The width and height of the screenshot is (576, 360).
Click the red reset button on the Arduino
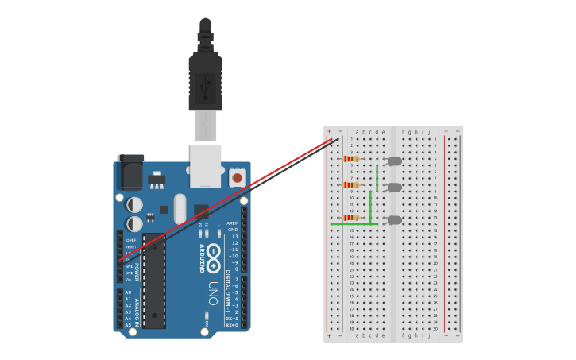click(x=237, y=179)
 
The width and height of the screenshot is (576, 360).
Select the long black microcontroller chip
click(x=154, y=281)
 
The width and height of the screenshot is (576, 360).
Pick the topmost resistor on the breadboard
click(x=350, y=158)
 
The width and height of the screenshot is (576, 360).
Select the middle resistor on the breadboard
click(x=350, y=185)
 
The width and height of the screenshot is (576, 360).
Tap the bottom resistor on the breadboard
click(x=350, y=217)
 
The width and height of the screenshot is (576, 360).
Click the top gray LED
click(x=394, y=161)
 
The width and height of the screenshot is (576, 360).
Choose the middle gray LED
click(x=394, y=188)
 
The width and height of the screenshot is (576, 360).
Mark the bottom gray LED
click(x=394, y=220)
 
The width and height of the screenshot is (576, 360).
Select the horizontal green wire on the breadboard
click(x=350, y=224)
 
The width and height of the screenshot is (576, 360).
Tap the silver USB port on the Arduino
click(x=205, y=164)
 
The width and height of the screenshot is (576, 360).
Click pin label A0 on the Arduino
click(x=128, y=292)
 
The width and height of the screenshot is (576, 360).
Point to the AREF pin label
click(x=232, y=223)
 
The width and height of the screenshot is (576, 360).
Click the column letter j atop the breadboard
click(x=429, y=132)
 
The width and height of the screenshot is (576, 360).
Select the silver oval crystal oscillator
click(x=180, y=208)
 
